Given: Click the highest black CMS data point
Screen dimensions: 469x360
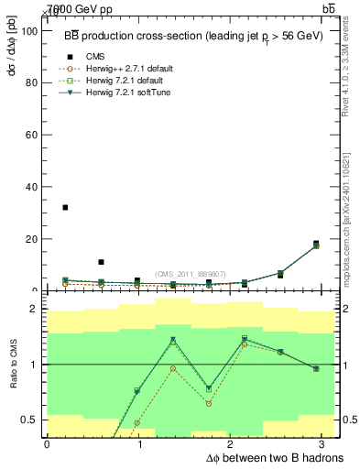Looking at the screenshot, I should tap(65, 208).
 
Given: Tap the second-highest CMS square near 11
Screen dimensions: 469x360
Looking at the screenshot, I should tap(101, 262).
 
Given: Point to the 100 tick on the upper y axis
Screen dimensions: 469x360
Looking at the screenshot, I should tap(32, 30).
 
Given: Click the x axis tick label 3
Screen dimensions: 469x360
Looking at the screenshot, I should tap(326, 443).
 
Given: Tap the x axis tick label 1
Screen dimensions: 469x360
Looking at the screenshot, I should tap(137, 443).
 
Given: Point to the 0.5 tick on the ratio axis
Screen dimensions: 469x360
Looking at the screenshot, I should tap(32, 420).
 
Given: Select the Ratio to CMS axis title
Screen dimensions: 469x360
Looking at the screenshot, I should tap(12, 365).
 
